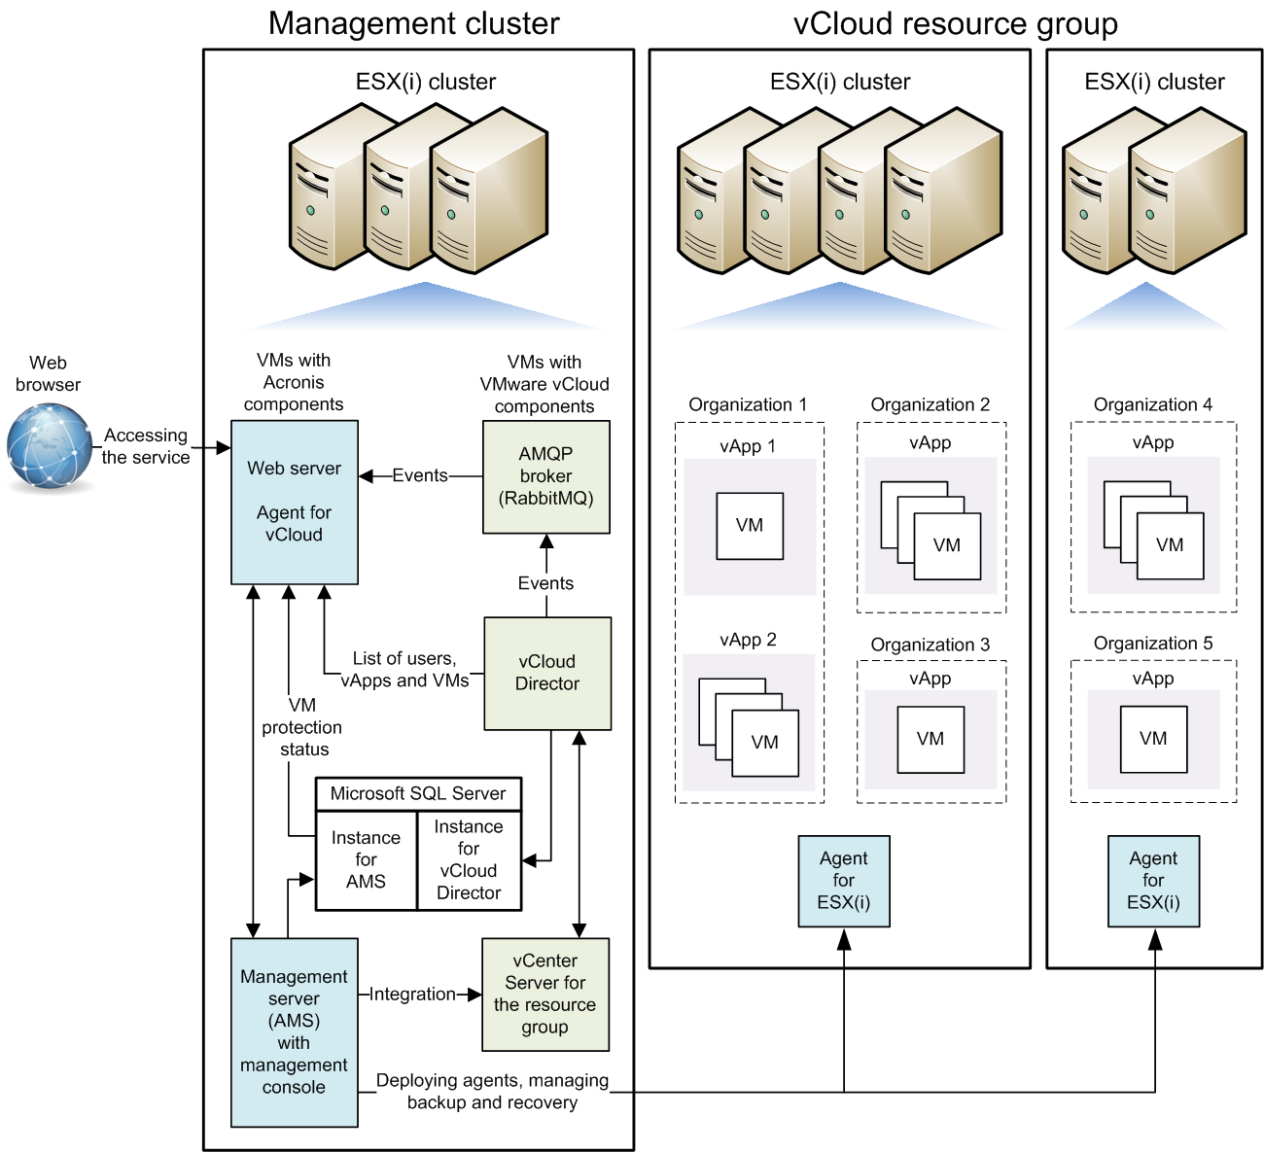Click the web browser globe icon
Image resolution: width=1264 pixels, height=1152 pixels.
50,445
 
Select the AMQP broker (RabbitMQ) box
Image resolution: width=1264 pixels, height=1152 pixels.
546,476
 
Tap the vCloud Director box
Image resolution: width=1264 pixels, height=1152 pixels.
547,673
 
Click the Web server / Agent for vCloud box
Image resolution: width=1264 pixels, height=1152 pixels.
294,502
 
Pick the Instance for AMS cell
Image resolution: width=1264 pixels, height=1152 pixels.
366,860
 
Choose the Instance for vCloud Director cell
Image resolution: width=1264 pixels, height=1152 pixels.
469,860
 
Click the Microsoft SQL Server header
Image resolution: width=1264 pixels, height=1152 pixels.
418,793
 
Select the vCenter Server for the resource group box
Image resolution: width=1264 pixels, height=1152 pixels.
545,994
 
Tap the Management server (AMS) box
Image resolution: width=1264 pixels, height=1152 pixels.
294,1031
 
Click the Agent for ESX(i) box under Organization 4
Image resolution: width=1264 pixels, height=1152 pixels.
1153,881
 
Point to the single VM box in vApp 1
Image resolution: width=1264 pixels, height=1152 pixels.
750,526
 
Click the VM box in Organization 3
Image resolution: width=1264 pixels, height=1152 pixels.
930,739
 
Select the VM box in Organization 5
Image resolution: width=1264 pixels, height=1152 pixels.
1153,739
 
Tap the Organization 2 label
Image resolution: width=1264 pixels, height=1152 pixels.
930,404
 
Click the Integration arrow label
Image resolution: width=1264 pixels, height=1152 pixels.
412,994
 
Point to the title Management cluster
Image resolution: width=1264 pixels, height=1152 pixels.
414,23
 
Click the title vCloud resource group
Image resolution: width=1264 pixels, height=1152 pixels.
955,23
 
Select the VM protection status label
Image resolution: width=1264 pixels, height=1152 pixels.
302,727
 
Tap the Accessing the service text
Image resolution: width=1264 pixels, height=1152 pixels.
146,446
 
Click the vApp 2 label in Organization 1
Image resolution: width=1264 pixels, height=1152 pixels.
748,640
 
